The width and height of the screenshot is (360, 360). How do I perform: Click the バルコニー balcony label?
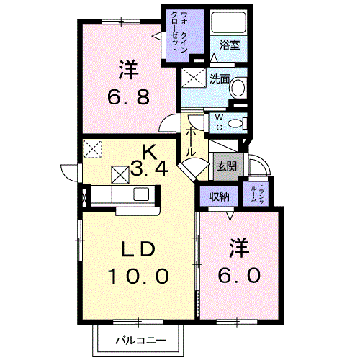click(x=141, y=341)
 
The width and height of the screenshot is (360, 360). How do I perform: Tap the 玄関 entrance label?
click(x=227, y=166)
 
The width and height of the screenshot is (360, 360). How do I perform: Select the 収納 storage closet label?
click(x=219, y=197)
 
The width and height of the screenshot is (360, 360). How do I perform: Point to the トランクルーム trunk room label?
click(x=257, y=194)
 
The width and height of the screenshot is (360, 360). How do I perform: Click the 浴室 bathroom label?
click(x=230, y=45)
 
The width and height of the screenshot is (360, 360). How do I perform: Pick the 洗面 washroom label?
click(x=220, y=79)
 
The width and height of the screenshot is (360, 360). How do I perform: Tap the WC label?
click(x=219, y=122)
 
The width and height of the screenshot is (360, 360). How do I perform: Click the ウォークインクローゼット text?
click(x=179, y=32)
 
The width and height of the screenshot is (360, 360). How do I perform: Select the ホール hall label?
click(x=192, y=142)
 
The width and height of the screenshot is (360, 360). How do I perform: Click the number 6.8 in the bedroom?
click(x=128, y=96)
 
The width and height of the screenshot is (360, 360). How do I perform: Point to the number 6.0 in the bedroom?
click(x=239, y=275)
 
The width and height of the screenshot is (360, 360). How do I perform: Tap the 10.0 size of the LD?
click(x=138, y=276)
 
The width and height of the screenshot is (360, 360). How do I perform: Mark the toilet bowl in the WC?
click(x=235, y=124)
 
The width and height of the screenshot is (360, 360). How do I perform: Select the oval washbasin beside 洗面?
click(x=238, y=88)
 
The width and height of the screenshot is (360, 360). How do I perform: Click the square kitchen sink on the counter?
click(x=141, y=194)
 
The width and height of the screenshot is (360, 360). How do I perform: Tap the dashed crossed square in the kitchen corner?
click(x=93, y=149)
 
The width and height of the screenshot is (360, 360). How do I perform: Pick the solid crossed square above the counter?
click(x=120, y=175)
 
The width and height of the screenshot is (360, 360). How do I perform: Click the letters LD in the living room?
click(x=138, y=249)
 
